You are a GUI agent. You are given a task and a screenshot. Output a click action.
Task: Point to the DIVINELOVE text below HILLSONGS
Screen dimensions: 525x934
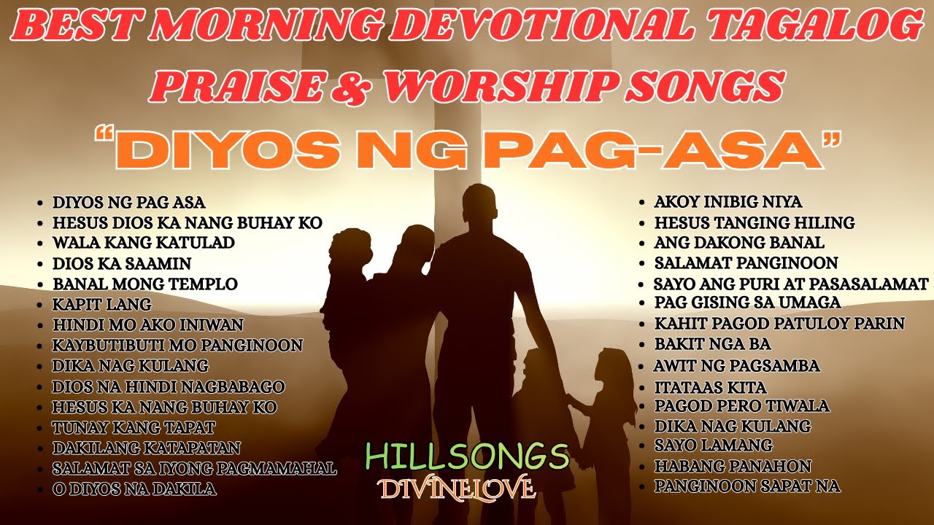pyautogui.click(x=456, y=488)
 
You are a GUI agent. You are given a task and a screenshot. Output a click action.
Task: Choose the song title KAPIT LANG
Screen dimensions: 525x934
pyautogui.click(x=102, y=304)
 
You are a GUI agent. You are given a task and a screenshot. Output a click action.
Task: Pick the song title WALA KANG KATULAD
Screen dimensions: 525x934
pyautogui.click(x=143, y=243)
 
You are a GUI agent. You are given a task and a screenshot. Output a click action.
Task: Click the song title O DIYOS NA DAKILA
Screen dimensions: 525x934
pyautogui.click(x=134, y=489)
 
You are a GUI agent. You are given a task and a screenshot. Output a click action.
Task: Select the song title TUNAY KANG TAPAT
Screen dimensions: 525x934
pyautogui.click(x=134, y=427)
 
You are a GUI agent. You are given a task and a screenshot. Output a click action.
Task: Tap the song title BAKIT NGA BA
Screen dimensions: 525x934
pyautogui.click(x=712, y=343)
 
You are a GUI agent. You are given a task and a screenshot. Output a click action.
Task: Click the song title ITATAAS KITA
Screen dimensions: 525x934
pyautogui.click(x=710, y=386)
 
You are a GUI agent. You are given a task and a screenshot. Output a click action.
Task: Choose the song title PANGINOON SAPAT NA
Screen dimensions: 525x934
pyautogui.click(x=747, y=486)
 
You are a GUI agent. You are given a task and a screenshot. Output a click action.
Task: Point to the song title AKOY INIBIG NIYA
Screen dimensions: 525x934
pyautogui.click(x=727, y=202)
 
